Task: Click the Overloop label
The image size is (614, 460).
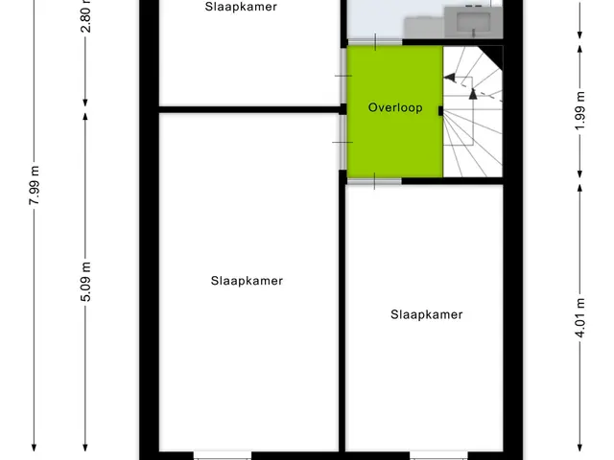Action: [x=395, y=107]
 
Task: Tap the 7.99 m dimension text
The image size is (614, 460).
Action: [x=35, y=185]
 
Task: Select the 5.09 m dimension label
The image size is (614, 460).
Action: [x=85, y=282]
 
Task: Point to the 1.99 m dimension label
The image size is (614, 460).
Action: [x=580, y=111]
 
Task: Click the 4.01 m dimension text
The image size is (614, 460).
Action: [x=580, y=317]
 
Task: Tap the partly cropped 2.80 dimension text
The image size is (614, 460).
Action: [x=85, y=16]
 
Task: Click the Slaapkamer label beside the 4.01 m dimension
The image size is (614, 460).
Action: [x=426, y=314]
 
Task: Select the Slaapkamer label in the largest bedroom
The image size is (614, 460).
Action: [x=247, y=281]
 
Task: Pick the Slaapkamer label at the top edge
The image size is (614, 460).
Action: [x=241, y=7]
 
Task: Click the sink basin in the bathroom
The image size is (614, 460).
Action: [x=474, y=20]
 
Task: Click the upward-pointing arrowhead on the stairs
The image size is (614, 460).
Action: [x=473, y=94]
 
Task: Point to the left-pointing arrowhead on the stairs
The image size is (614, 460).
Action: [x=450, y=78]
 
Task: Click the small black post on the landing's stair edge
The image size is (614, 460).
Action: [x=440, y=111]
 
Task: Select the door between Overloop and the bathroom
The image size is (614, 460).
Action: [x=375, y=42]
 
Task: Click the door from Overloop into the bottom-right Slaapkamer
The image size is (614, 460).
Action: [x=374, y=181]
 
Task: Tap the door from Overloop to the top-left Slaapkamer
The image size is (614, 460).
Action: [x=343, y=76]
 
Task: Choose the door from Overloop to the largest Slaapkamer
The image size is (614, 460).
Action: [x=342, y=143]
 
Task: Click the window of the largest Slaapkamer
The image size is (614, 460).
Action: [x=223, y=456]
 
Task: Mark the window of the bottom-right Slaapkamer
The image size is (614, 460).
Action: [x=438, y=456]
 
